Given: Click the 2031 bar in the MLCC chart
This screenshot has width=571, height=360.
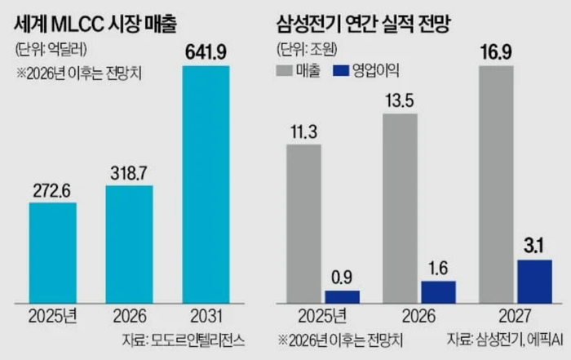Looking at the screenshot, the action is pos(206,184).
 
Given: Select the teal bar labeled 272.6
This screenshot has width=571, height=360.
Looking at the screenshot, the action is pos(53,253).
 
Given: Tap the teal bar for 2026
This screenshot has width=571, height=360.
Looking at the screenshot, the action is pos(129,244).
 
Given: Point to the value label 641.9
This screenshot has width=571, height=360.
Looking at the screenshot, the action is pos(206,52).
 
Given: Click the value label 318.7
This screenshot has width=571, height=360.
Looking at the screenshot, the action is pos(129,173).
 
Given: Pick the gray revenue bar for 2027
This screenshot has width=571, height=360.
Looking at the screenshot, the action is pos(496,184).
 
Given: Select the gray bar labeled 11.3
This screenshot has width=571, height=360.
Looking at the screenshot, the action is pos(303,224).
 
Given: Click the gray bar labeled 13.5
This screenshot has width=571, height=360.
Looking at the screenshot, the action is pos(401,208).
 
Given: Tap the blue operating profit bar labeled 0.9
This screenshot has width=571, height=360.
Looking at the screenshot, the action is pos(343,297).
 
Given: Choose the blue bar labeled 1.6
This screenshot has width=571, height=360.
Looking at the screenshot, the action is pos(439,292).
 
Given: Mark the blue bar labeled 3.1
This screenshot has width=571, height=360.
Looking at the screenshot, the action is pos(534,282).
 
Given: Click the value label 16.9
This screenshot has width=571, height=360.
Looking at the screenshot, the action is pos(496,52).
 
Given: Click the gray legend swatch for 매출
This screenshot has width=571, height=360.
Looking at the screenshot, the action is pos(285,70).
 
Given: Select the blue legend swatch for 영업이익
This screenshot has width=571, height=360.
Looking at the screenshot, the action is pos(341,70).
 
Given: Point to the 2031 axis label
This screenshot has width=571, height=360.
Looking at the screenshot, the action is pos(206,316).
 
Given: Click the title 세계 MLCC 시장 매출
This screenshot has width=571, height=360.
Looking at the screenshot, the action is pos(95,24).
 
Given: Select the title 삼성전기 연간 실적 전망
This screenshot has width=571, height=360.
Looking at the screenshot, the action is pos(364,24).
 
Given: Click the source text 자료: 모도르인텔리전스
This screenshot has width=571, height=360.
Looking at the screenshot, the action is pos(184,340).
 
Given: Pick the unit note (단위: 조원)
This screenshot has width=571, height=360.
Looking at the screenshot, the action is pos(307,49).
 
